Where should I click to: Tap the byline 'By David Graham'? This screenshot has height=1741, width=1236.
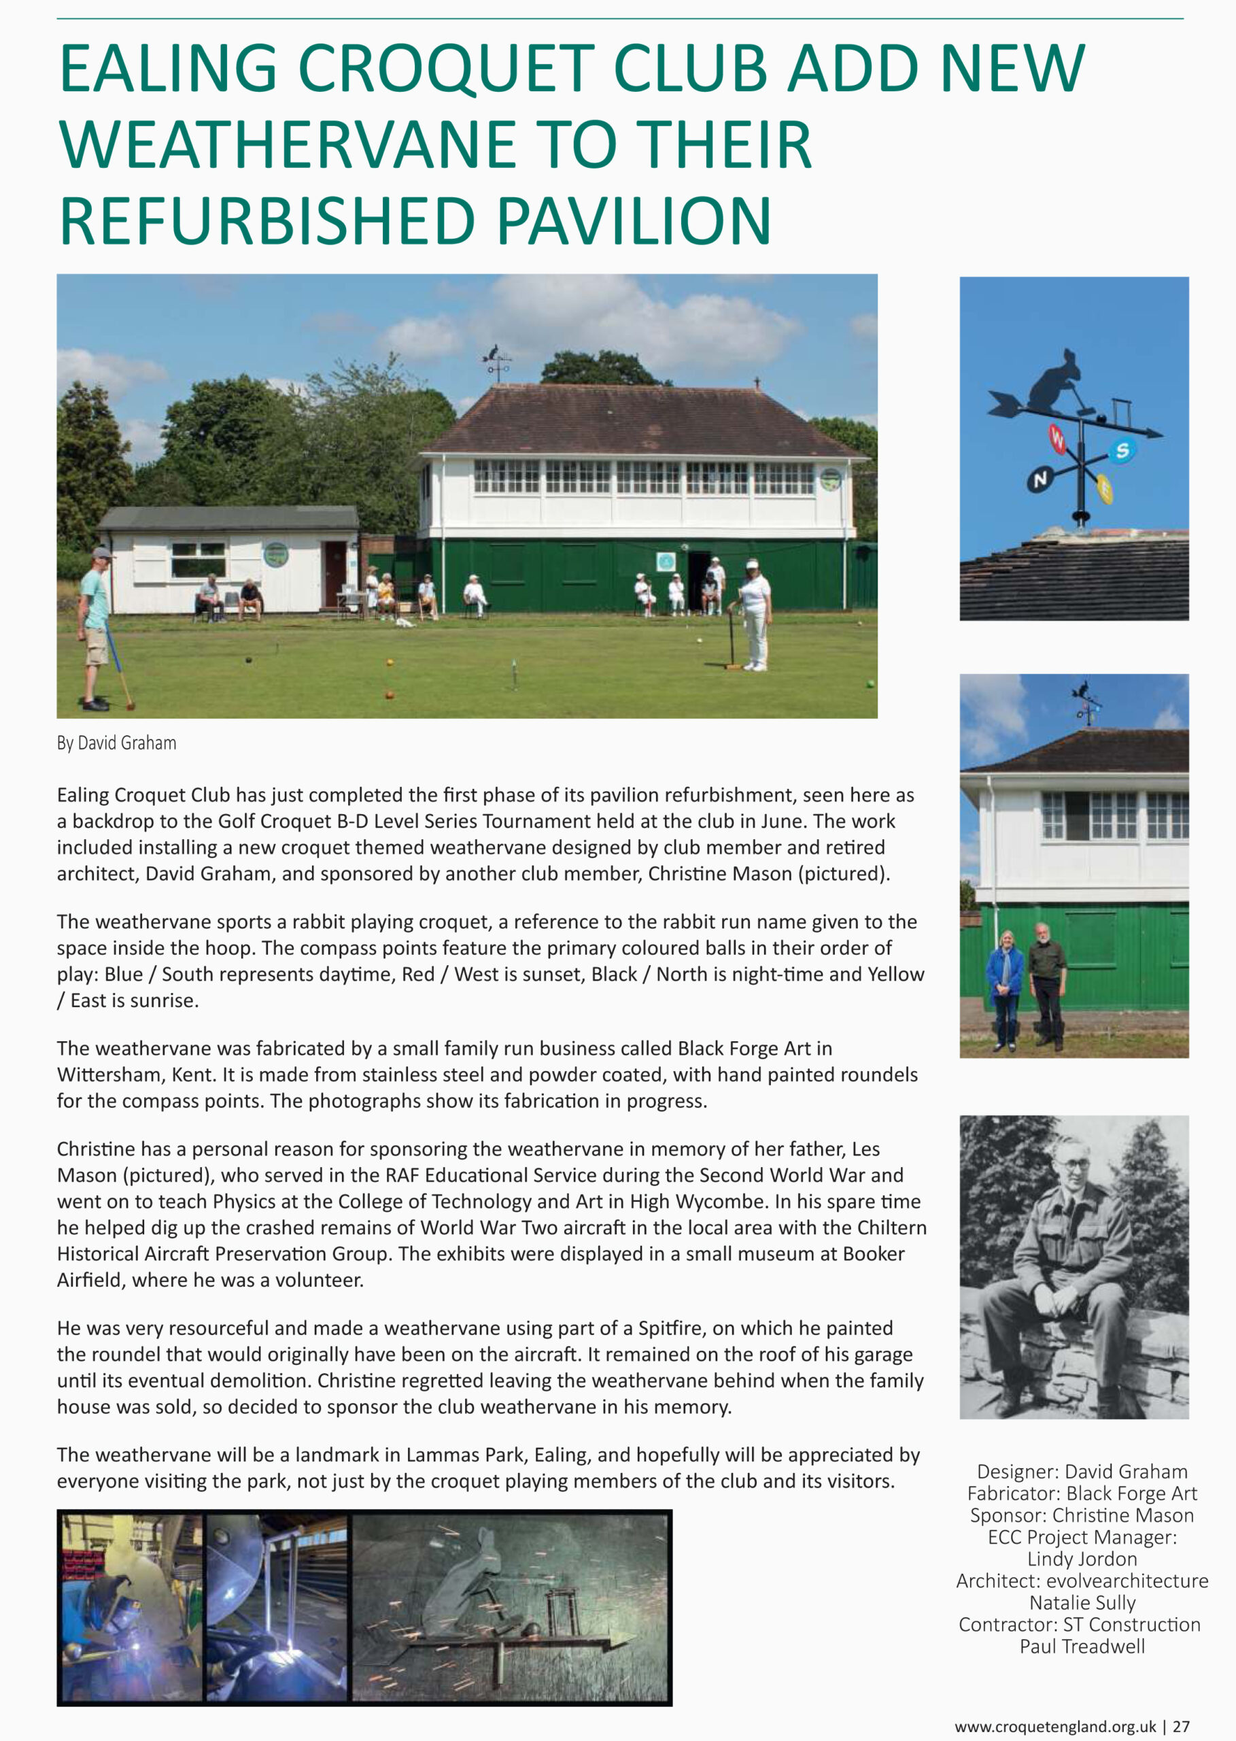pyautogui.click(x=116, y=743)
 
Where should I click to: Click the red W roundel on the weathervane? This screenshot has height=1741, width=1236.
pyautogui.click(x=1058, y=437)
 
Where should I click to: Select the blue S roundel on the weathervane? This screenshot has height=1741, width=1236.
pyautogui.click(x=1121, y=451)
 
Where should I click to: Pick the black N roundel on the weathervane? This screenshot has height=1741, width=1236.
pyautogui.click(x=1040, y=479)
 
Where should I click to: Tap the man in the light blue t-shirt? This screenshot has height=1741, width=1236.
pyautogui.click(x=95, y=624)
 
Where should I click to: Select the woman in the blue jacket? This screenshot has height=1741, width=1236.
pyautogui.click(x=1006, y=986)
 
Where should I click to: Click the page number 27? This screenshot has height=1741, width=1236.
pyautogui.click(x=1180, y=1727)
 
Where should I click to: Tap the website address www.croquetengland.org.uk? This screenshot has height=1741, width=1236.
pyautogui.click(x=1055, y=1727)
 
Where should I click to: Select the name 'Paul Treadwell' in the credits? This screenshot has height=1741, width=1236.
pyautogui.click(x=1082, y=1646)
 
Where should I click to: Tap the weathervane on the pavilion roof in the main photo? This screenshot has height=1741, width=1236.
pyautogui.click(x=496, y=362)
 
